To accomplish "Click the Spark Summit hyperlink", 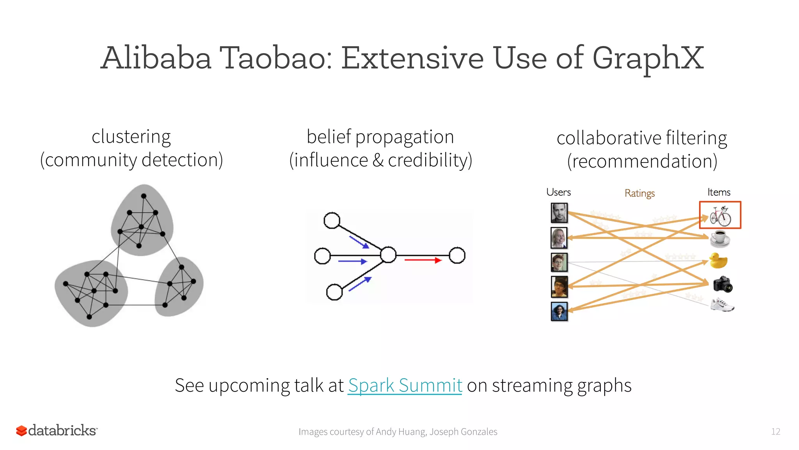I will pyautogui.click(x=405, y=386).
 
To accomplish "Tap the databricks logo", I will pyautogui.click(x=57, y=430).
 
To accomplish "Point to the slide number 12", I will pyautogui.click(x=775, y=431).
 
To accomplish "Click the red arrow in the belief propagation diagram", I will pyautogui.click(x=423, y=260).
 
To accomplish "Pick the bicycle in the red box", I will pyautogui.click(x=720, y=216).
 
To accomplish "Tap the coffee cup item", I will pyautogui.click(x=719, y=238).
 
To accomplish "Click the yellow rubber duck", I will pyautogui.click(x=718, y=261).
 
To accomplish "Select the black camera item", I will pyautogui.click(x=723, y=284).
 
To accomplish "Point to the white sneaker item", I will pyautogui.click(x=722, y=305).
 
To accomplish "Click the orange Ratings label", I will pyautogui.click(x=639, y=193).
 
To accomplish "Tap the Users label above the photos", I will pyautogui.click(x=558, y=192).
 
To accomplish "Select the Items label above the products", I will pyautogui.click(x=719, y=192).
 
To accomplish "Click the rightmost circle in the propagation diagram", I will pyautogui.click(x=457, y=255).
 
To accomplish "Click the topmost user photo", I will pyautogui.click(x=559, y=213).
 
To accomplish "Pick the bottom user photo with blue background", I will pyautogui.click(x=559, y=311).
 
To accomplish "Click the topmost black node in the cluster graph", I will pyautogui.click(x=144, y=196).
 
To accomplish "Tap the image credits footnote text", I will pyautogui.click(x=398, y=432).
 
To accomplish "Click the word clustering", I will pyautogui.click(x=131, y=137).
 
